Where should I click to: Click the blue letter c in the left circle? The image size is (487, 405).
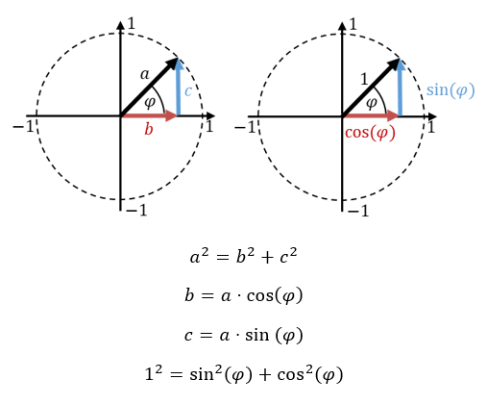(188, 91)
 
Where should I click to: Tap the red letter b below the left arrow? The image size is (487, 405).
(149, 129)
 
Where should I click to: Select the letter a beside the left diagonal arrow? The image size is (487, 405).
(145, 75)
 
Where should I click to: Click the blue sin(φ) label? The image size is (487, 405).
(450, 90)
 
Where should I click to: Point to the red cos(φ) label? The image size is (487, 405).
(370, 133)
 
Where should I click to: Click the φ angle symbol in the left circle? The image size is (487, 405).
(150, 103)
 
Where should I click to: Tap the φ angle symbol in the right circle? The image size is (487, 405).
(372, 103)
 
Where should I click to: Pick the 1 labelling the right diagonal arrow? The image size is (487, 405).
(364, 79)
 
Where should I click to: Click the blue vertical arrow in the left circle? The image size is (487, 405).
(179, 88)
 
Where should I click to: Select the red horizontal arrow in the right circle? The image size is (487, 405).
(371, 115)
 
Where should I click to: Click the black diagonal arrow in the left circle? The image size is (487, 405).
(149, 87)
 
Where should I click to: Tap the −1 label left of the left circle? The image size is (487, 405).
(23, 126)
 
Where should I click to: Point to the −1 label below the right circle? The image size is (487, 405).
(358, 211)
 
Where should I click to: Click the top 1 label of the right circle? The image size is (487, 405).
(353, 24)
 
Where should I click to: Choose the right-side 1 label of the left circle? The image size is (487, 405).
(209, 126)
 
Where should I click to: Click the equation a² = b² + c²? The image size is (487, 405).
(243, 257)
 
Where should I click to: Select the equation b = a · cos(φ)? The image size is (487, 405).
(243, 295)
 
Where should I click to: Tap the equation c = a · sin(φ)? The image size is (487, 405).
(243, 336)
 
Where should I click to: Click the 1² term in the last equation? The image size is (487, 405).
(154, 373)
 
